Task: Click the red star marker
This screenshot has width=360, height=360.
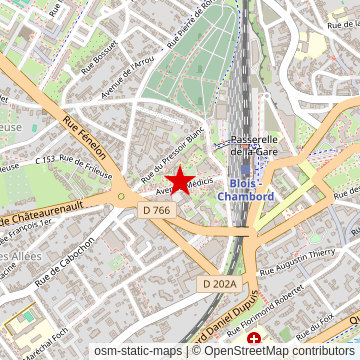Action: click(180, 181)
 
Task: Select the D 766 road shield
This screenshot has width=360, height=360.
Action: click(156, 210)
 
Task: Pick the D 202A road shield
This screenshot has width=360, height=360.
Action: click(219, 285)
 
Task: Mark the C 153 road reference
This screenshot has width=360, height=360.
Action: click(44, 159)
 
